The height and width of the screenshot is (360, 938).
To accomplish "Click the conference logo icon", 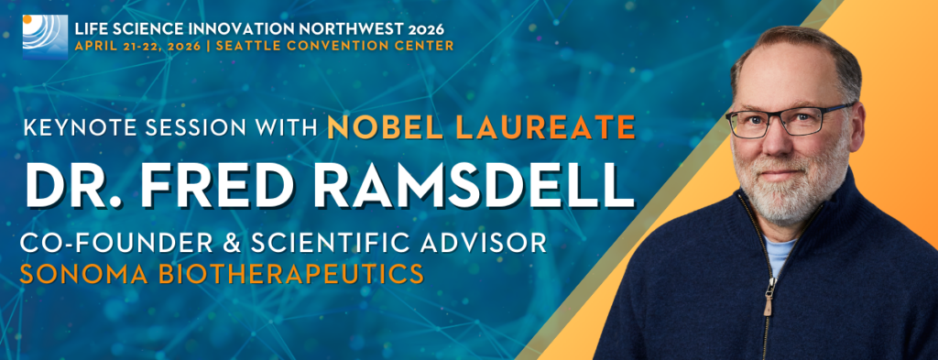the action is [x=45, y=37].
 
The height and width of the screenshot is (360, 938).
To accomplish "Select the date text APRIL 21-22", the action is [x=111, y=46].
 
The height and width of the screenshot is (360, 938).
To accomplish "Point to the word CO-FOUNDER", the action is [x=116, y=244].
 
